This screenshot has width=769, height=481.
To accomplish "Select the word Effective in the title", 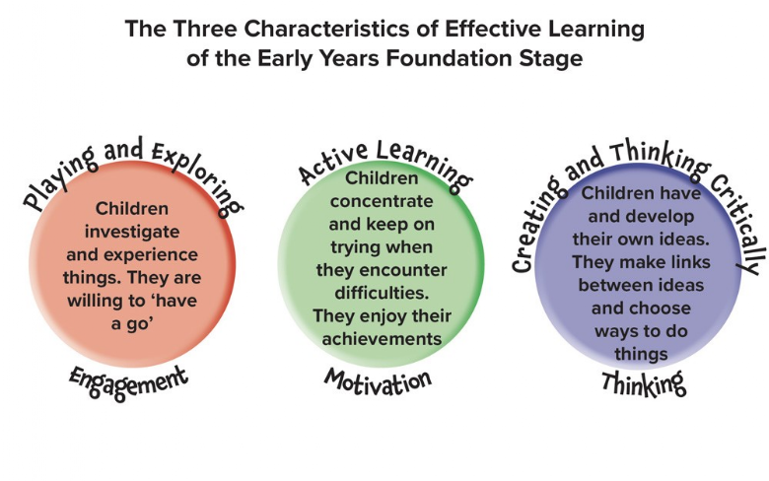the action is tap(494, 29).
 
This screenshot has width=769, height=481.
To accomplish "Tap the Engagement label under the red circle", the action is tap(128, 382).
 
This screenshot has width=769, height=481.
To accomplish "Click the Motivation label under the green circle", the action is tap(378, 381).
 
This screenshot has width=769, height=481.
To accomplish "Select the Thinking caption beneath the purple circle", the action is tap(644, 383).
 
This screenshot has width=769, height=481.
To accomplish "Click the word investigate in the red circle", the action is tap(132, 232).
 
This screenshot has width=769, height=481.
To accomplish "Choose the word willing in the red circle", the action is tap(96, 300).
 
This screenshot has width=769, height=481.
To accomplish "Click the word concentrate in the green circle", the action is tap(382, 201).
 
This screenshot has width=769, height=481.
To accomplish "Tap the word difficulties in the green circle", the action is tap(382, 293).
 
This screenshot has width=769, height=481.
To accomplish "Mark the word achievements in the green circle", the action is tap(382, 339).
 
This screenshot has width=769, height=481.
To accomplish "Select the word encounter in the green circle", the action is tap(402, 270).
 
